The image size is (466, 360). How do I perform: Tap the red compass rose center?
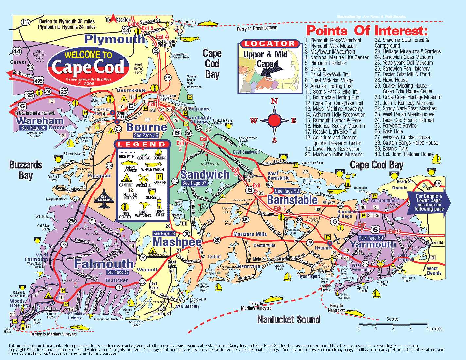pos(274,121)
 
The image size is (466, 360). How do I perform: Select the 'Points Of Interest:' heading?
pos(367,31)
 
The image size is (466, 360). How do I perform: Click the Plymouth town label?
pos(114,39)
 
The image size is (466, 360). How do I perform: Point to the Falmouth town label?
pos(104,264)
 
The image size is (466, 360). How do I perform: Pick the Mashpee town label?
pos(177,242)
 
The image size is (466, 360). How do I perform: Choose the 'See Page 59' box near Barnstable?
pos(287,191)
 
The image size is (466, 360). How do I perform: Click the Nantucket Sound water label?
pos(288,319)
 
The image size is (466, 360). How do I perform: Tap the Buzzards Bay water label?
pos(26,170)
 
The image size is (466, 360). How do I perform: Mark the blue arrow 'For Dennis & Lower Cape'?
pos(429,203)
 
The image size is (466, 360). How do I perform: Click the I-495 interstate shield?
pos(38,81)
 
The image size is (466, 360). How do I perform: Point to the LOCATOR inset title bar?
pos(270,44)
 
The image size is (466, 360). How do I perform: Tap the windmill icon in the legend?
pos(143,178)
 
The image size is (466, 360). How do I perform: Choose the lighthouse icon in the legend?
pos(159,204)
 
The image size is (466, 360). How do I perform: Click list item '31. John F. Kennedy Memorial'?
pos(405,103)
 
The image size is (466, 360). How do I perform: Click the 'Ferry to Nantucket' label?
pos(336,308)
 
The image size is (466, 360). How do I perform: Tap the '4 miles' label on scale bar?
pos(434,329)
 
